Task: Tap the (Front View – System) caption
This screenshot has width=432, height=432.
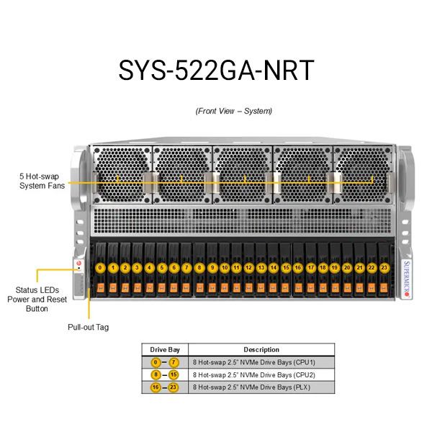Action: (x=234, y=111)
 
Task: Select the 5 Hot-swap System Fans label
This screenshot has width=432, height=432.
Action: (x=42, y=181)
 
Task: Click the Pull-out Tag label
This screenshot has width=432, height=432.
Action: (x=89, y=326)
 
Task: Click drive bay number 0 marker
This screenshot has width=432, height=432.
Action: (x=100, y=268)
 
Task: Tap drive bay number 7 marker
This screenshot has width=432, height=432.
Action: (x=187, y=268)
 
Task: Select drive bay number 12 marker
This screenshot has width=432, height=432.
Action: (x=249, y=268)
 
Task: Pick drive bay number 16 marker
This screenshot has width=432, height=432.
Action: (x=298, y=268)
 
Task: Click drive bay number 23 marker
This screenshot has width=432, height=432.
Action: (x=384, y=268)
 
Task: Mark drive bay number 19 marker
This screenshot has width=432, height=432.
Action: (x=335, y=268)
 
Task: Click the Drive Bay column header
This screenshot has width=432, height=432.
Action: (x=165, y=350)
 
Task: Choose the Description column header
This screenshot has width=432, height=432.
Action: (x=261, y=350)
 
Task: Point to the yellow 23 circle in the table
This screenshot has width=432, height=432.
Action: (x=174, y=387)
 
